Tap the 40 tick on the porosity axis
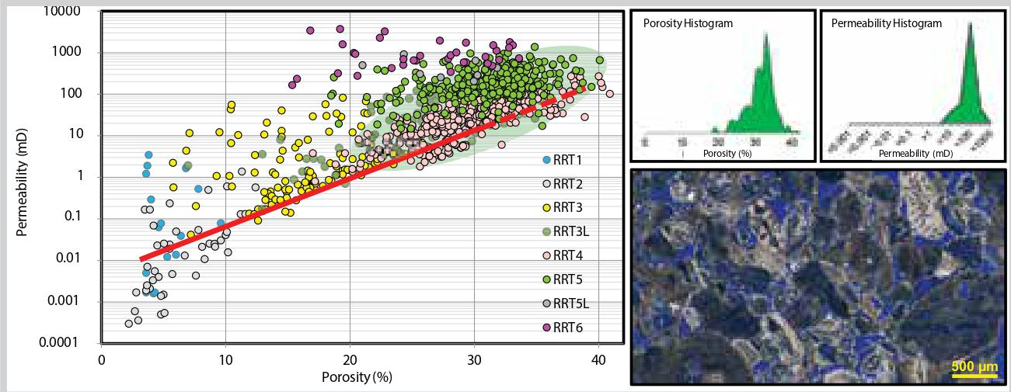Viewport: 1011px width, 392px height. click(598, 360)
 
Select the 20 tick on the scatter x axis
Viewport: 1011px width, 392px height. click(350, 360)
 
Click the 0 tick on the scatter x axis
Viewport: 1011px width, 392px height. click(102, 360)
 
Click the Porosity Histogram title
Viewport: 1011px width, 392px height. click(688, 23)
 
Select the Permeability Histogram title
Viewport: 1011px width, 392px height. click(887, 23)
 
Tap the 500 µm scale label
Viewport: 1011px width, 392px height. click(974, 366)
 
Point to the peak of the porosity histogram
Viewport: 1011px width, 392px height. click(766, 33)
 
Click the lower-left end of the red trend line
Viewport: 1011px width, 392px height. click(141, 258)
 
